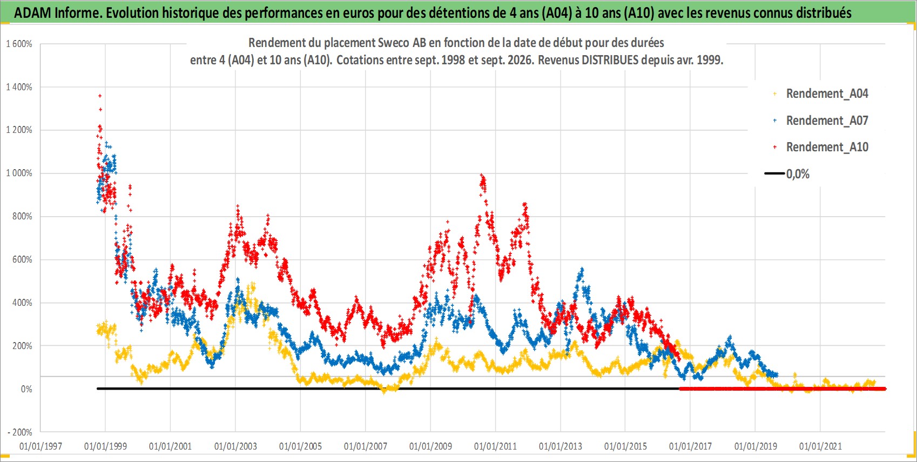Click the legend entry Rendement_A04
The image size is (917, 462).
(821, 94)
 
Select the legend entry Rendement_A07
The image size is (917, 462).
(821, 121)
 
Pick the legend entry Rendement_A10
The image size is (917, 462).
(821, 147)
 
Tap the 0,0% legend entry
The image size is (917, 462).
(787, 174)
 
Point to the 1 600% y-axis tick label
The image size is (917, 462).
(19, 44)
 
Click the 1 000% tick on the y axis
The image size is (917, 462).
(19, 173)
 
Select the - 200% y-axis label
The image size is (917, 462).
(20, 432)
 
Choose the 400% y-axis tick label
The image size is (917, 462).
(22, 303)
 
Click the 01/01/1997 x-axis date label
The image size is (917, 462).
(41, 446)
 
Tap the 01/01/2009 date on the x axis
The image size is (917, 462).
(430, 446)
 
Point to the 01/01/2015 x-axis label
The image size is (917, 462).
(625, 446)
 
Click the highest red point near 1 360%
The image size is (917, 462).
(100, 96)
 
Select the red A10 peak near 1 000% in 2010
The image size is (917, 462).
(482, 175)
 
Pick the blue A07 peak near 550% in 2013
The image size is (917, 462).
(582, 269)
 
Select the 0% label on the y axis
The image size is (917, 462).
(26, 389)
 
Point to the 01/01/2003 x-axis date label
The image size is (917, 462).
(235, 446)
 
